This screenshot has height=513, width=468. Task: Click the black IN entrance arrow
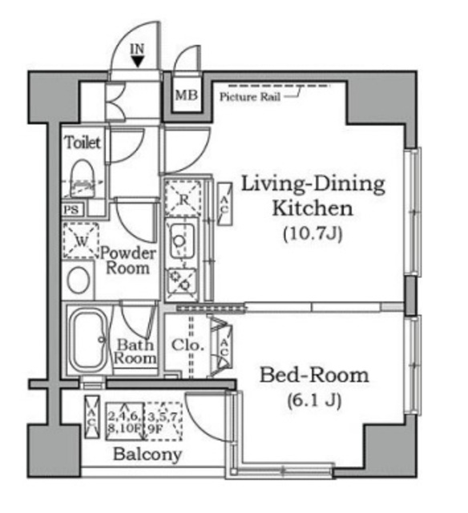[137, 62]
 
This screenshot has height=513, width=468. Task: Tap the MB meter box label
[186, 95]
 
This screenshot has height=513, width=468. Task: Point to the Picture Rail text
[250, 97]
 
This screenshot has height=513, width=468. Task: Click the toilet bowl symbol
[83, 179]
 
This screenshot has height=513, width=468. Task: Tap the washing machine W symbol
[81, 240]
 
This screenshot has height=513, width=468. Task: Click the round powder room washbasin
[79, 280]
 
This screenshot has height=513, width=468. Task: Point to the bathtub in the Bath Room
[88, 341]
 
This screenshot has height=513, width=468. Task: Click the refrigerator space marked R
[183, 199]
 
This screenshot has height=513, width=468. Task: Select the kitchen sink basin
[181, 240]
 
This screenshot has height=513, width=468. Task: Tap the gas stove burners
[181, 283]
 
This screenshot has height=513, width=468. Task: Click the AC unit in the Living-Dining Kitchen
[224, 204]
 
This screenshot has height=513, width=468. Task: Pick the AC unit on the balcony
[91, 417]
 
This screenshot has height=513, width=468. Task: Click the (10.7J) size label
[313, 234]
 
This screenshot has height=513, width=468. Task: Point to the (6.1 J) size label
[314, 401]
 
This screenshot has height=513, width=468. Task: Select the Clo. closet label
[188, 345]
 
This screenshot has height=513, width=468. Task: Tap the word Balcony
[147, 454]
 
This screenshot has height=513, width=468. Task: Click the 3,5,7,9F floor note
[163, 422]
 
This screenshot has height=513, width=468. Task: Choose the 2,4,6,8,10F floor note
[124, 422]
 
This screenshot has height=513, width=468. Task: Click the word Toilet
[83, 143]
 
